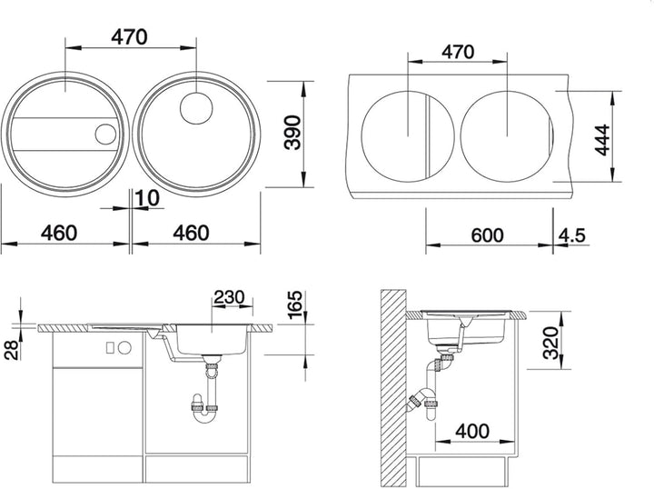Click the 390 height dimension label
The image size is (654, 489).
[x=292, y=133]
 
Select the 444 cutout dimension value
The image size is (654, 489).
[x=603, y=140]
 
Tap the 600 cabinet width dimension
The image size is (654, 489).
[x=487, y=235]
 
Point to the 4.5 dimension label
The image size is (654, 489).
[x=572, y=235]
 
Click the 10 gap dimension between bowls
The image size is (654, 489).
[x=147, y=199]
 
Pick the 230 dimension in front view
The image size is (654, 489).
[x=229, y=297]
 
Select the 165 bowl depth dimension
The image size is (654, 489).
[x=295, y=305]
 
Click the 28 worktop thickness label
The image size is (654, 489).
[x=12, y=350]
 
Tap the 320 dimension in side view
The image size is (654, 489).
[x=550, y=343]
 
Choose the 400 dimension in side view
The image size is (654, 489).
[x=472, y=432]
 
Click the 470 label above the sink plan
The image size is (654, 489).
[x=129, y=37]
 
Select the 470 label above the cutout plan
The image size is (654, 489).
[x=458, y=52]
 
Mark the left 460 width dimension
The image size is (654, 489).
[x=59, y=233]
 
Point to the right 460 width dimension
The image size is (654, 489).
[x=191, y=233]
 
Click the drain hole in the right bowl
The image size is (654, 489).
[x=196, y=108]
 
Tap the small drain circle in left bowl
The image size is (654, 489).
[x=105, y=134]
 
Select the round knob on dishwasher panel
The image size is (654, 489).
[x=124, y=347]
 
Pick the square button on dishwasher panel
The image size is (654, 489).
[x=110, y=347]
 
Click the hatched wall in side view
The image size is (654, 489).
[x=393, y=388]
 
